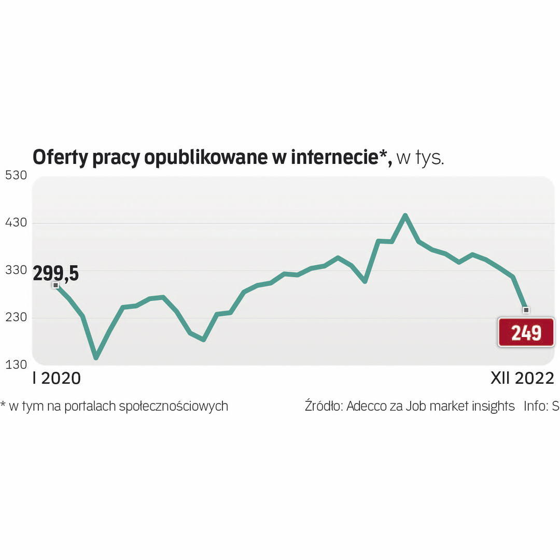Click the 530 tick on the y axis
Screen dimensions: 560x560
pyautogui.click(x=16, y=175)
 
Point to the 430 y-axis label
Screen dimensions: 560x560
pyautogui.click(x=16, y=223)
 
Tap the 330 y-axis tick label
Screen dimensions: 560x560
pyautogui.click(x=16, y=271)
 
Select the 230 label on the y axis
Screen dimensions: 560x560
pyautogui.click(x=16, y=318)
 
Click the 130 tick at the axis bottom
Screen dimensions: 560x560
pyautogui.click(x=16, y=365)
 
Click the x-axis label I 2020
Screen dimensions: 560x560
pyautogui.click(x=57, y=379)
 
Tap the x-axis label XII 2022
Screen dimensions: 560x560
pyautogui.click(x=522, y=379)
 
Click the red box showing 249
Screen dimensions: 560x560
pyautogui.click(x=526, y=332)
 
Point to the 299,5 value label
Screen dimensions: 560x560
pyautogui.click(x=55, y=273)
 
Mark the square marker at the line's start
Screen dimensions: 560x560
pyautogui.click(x=55, y=285)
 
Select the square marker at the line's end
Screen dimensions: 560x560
pyautogui.click(x=526, y=310)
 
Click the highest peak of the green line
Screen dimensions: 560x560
pyautogui.click(x=405, y=215)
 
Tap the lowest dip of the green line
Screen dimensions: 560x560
pyautogui.click(x=96, y=358)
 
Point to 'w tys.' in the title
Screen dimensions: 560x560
pyautogui.click(x=420, y=158)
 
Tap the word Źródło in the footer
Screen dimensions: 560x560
pyautogui.click(x=323, y=405)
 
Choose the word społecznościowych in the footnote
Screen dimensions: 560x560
pyautogui.click(x=173, y=406)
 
